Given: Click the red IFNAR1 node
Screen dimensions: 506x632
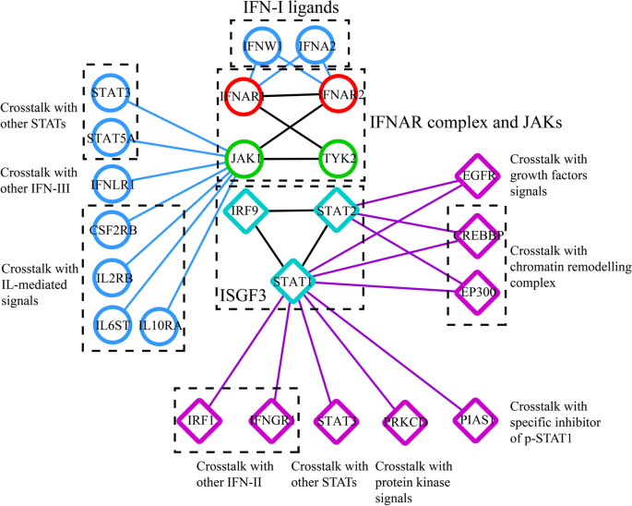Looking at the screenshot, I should tap(243, 95).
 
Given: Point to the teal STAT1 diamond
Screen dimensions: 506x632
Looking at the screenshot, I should tap(290, 281).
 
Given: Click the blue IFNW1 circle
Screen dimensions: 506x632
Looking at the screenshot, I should tap(263, 45).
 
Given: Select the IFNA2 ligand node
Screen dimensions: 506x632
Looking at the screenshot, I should tap(315, 45).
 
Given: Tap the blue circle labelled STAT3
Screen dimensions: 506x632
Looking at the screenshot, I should tap(111, 92).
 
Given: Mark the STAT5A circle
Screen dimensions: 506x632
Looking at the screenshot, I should tap(111, 139).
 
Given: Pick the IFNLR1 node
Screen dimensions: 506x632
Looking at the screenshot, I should tap(113, 184).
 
